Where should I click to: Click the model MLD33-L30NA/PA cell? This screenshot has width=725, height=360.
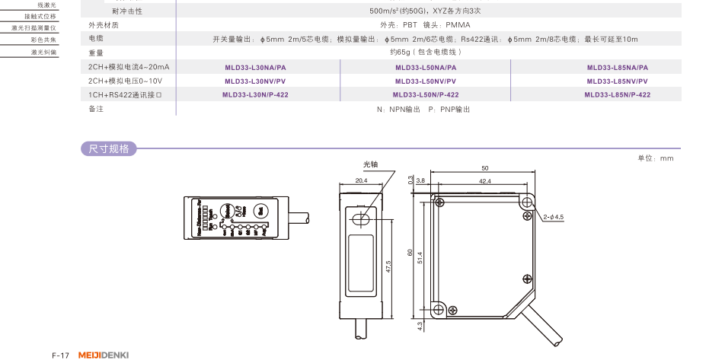click(255, 67)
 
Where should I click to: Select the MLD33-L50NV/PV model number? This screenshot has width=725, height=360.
click(426, 81)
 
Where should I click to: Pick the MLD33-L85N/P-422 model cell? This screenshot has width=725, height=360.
click(617, 95)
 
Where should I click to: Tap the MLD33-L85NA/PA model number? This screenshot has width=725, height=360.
click(617, 67)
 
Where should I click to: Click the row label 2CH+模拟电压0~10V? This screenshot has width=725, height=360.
click(125, 81)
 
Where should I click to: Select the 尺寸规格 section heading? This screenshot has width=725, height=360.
click(109, 149)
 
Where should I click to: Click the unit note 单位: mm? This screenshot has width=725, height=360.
click(655, 158)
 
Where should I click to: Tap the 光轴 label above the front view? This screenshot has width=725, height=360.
click(370, 164)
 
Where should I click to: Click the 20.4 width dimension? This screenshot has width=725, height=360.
click(361, 181)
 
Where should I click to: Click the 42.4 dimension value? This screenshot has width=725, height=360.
click(485, 181)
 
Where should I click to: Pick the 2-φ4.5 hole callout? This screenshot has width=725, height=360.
click(553, 218)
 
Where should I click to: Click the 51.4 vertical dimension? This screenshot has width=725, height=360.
click(421, 255)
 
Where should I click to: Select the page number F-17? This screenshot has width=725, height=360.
click(61, 355)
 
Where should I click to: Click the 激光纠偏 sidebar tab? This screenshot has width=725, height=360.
click(43, 52)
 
